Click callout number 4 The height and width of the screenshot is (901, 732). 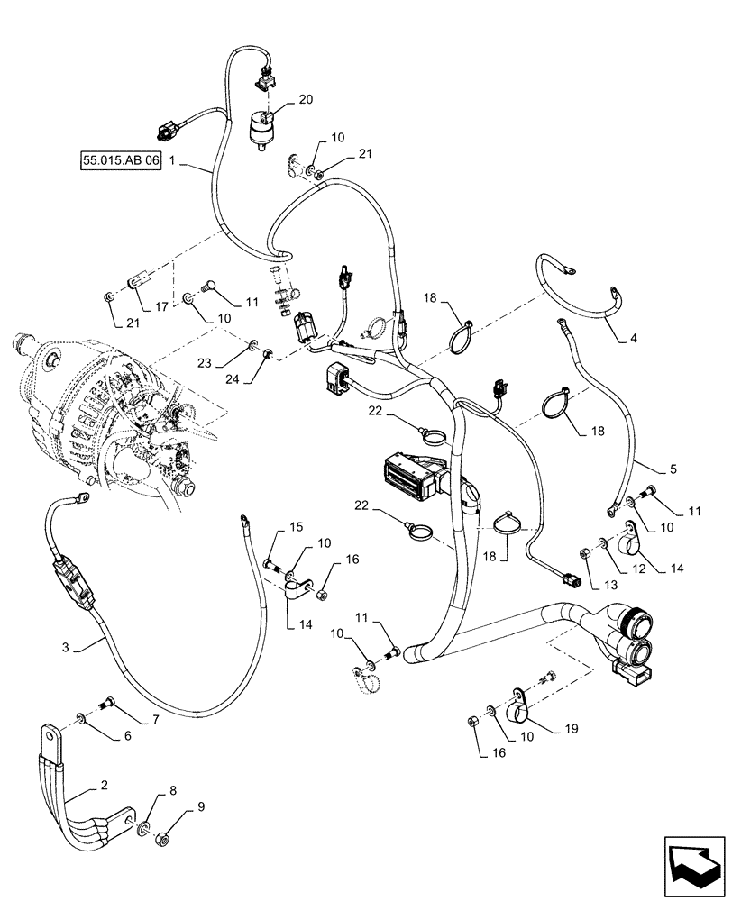click(x=634, y=339)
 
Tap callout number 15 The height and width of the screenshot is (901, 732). click(x=295, y=527)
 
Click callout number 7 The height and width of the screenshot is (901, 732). click(x=154, y=719)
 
